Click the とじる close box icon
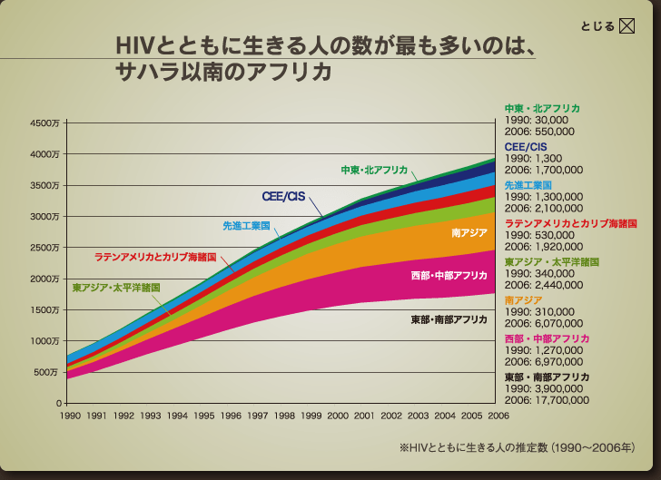coord(626,25)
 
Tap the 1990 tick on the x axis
coord(71,415)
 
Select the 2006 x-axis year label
coord(497,415)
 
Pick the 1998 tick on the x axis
coord(284,415)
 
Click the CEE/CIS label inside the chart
coord(283,196)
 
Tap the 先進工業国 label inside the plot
coord(246,225)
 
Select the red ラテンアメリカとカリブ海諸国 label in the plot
coord(154,257)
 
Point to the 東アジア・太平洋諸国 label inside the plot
coord(116,287)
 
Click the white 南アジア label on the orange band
coord(469,233)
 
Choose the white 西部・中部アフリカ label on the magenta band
coord(449,275)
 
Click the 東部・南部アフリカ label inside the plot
coord(449,319)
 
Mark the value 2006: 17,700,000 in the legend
coord(547,399)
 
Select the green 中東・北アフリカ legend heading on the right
coord(542,109)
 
